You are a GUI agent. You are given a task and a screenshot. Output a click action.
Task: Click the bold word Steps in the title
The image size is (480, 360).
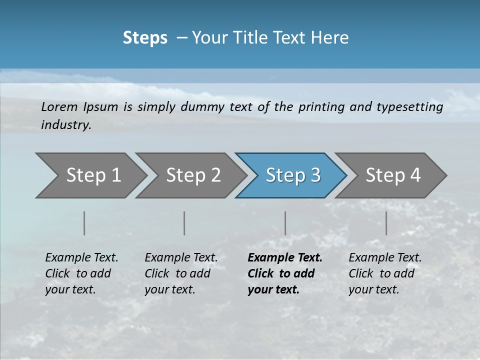(145, 38)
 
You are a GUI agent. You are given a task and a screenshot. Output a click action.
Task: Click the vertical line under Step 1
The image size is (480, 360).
(84, 223)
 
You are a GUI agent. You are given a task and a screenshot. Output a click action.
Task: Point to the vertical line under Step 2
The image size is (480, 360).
(184, 223)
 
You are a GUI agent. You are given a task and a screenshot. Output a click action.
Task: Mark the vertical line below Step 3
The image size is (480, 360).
(285, 223)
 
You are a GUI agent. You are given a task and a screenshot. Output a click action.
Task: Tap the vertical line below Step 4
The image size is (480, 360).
(386, 223)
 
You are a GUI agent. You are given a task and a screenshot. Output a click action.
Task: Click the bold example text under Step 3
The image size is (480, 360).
(284, 273)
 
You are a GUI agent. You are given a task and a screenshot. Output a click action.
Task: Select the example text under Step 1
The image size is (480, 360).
(81, 273)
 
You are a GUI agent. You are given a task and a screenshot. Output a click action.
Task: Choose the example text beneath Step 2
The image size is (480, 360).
(181, 273)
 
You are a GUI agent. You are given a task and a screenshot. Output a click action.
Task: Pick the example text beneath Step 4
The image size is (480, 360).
(385, 273)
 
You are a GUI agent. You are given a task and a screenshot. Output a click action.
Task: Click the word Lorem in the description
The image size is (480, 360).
(59, 106)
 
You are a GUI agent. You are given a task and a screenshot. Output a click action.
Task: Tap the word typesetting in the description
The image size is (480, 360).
(413, 106)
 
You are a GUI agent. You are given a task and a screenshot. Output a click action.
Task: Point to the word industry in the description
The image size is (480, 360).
(66, 125)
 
